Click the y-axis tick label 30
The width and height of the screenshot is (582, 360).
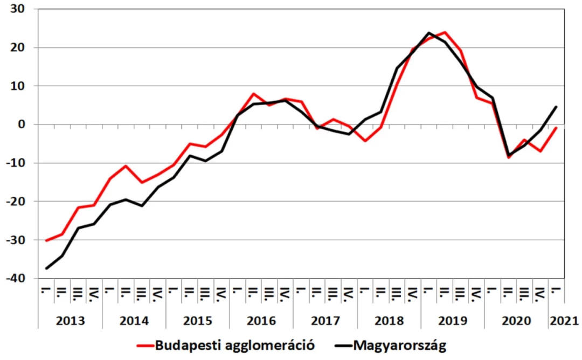[23, 9]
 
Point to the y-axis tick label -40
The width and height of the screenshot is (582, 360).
[20, 279]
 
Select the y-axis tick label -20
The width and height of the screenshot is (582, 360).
[20, 202]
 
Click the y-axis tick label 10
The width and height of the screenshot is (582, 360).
[23, 86]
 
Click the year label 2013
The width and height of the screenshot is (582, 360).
[70, 321]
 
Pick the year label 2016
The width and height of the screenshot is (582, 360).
[261, 321]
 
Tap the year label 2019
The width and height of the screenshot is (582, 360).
[453, 321]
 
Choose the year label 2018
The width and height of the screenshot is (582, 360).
[389, 321]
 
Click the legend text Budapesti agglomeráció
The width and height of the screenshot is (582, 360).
[235, 345]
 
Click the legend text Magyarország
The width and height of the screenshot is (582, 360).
[399, 345]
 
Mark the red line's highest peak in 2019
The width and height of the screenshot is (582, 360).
[445, 32]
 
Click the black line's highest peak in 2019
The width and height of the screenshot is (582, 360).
[429, 33]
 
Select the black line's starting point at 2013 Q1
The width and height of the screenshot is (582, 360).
[46, 268]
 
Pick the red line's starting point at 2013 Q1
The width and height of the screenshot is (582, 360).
[46, 240]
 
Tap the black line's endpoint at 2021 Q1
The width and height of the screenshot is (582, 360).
[556, 107]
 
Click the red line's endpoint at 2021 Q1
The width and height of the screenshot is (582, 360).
[556, 128]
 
